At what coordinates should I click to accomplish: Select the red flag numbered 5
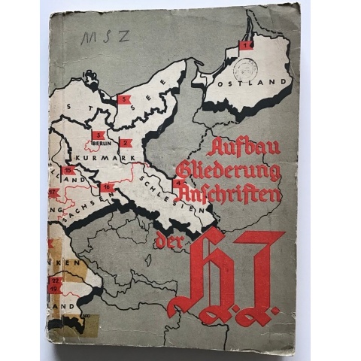pos(123,99)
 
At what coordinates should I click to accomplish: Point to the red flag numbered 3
pos(98,136)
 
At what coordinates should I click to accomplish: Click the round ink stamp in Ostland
pos(247,69)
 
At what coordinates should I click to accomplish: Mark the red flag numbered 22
pos(54,280)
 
